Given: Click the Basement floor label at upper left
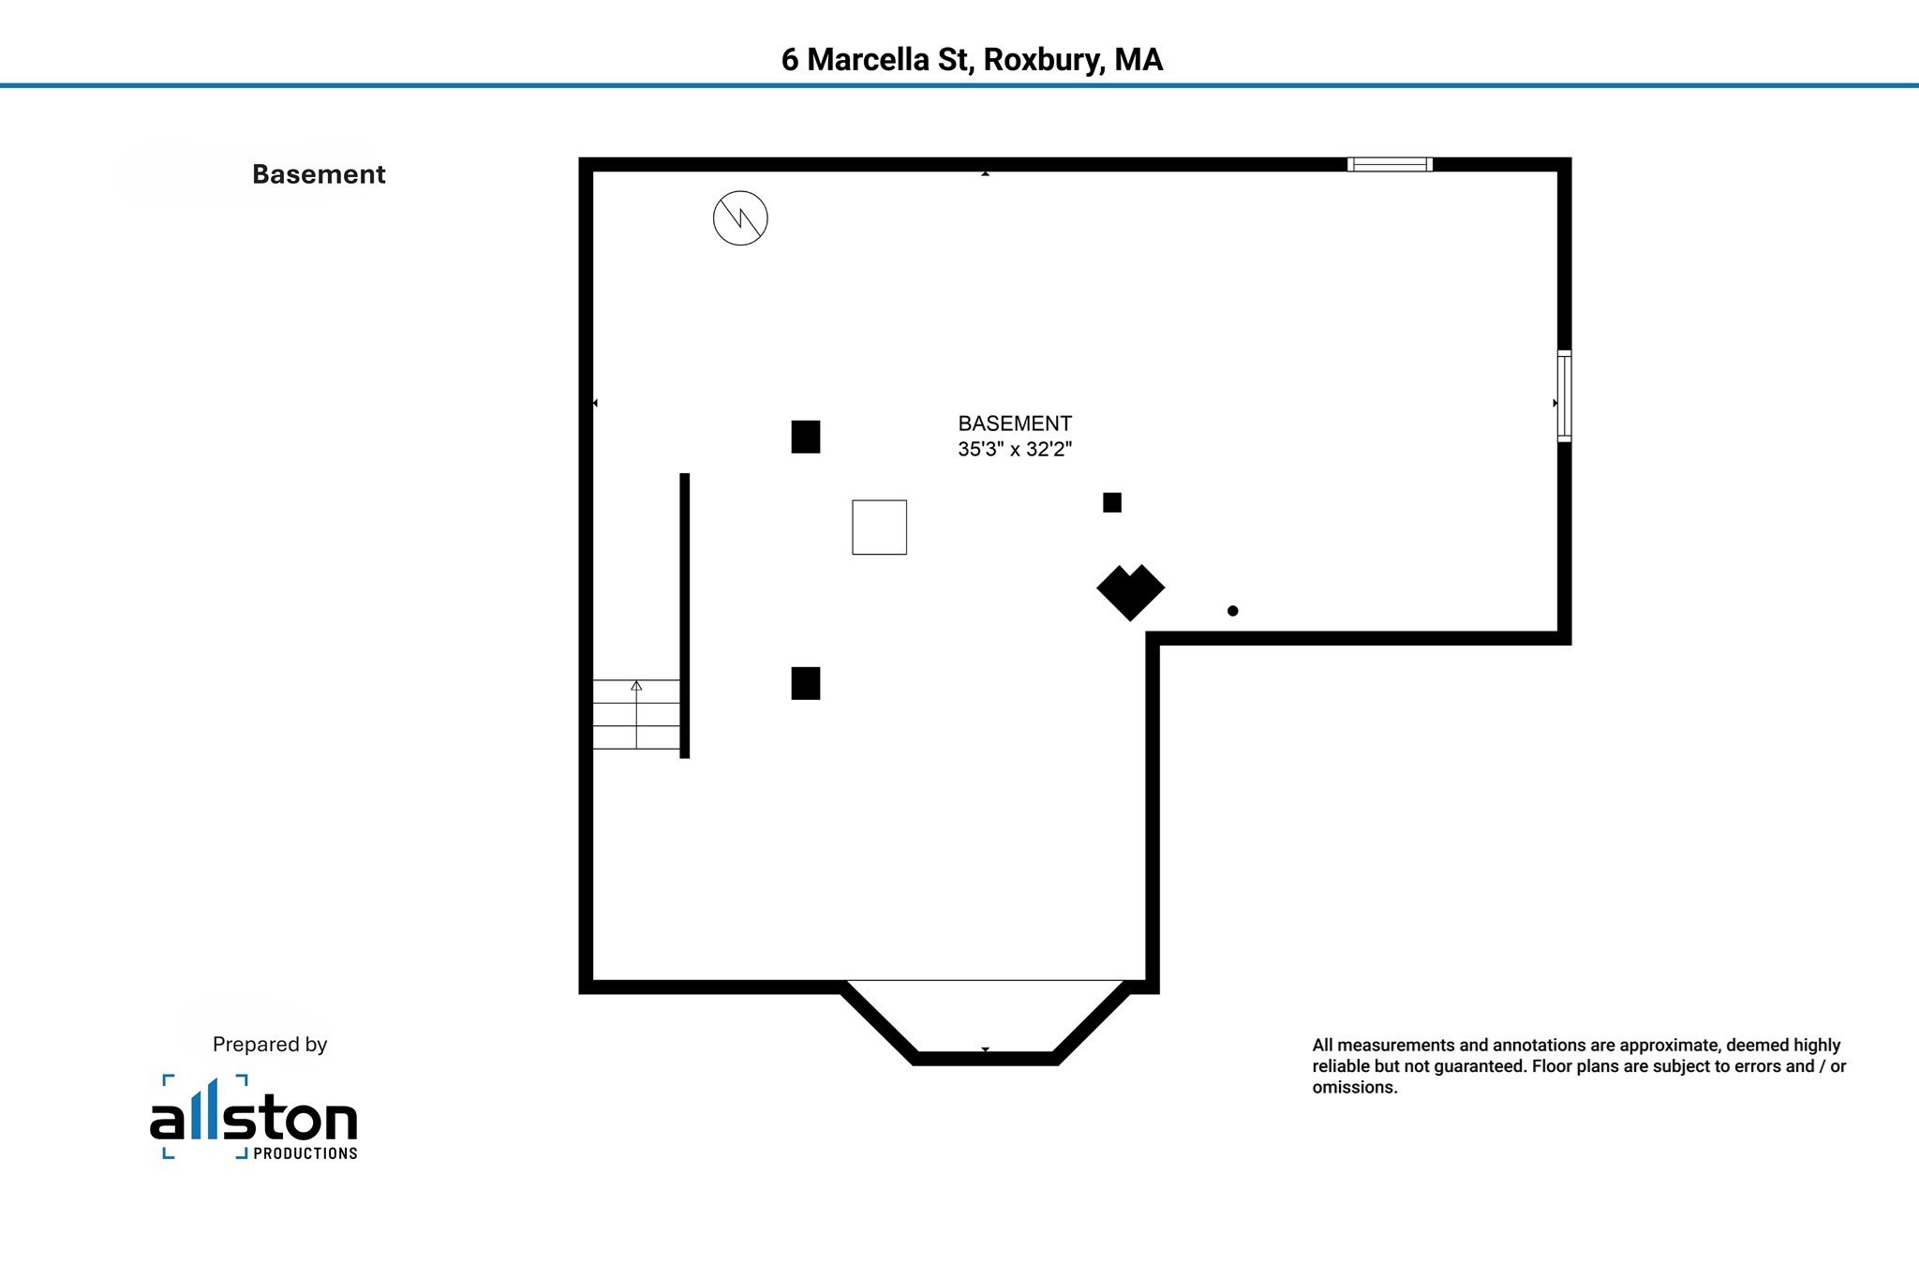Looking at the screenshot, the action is click(x=319, y=174).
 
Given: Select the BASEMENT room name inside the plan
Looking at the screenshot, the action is click(x=1015, y=424).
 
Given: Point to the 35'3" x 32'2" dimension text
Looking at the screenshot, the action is click(x=1015, y=449).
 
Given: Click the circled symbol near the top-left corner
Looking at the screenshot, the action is click(x=740, y=218).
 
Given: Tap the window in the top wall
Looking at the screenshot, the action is click(x=1390, y=165).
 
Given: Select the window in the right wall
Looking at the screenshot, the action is click(x=1564, y=395).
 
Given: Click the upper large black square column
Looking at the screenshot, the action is click(x=806, y=437).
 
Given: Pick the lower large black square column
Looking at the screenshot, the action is click(x=806, y=683).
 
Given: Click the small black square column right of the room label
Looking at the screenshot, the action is click(x=1112, y=503).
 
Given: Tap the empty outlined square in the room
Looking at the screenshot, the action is click(x=879, y=528).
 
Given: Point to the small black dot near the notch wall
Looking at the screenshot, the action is click(x=1233, y=611).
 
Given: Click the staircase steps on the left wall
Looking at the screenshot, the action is click(x=636, y=714).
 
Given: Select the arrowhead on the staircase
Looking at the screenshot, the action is click(x=636, y=686).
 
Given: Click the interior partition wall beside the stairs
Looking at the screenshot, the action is click(x=685, y=616).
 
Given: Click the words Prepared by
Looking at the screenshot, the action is click(x=270, y=1045).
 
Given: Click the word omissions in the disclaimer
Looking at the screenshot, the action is click(x=1354, y=1088).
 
